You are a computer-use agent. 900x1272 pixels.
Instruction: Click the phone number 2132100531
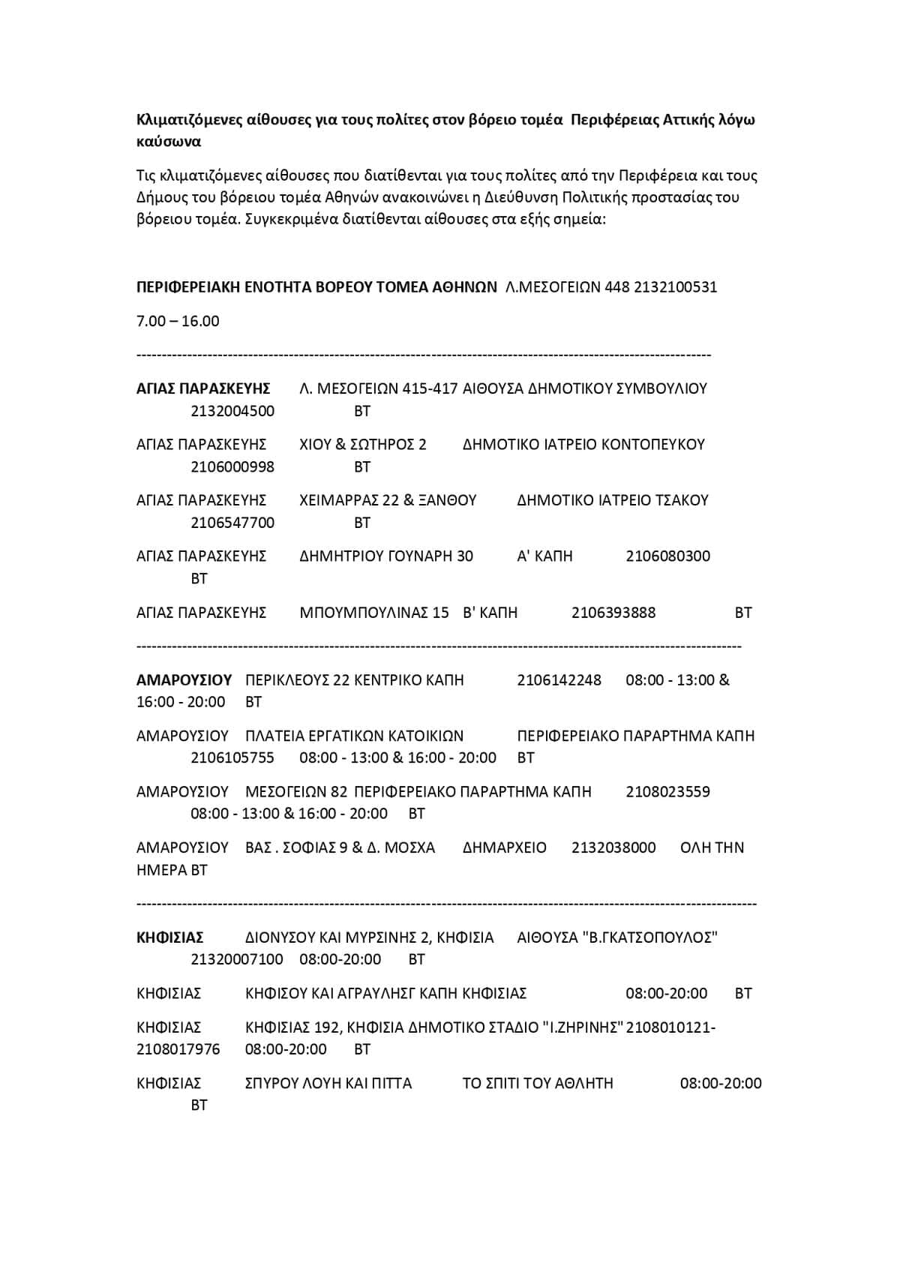pyautogui.click(x=675, y=287)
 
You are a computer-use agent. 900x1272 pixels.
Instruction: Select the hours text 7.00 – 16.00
pyautogui.click(x=178, y=321)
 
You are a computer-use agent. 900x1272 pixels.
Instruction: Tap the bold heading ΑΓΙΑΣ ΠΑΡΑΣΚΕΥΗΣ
pyautogui.click(x=202, y=388)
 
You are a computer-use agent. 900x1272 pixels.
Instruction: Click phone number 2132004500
pyautogui.click(x=232, y=411)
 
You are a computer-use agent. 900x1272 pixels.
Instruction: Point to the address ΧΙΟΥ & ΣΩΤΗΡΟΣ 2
pyautogui.click(x=362, y=444)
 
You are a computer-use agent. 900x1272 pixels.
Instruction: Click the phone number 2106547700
pyautogui.click(x=232, y=523)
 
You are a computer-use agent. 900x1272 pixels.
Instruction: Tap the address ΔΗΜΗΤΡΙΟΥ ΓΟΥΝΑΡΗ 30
pyautogui.click(x=386, y=556)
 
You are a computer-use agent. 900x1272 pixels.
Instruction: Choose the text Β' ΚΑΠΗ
pyautogui.click(x=490, y=613)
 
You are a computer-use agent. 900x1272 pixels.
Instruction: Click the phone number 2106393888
pyautogui.click(x=613, y=613)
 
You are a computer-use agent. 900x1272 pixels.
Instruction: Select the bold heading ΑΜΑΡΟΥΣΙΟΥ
pyautogui.click(x=184, y=680)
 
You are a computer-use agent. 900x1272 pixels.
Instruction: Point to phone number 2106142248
pyautogui.click(x=559, y=680)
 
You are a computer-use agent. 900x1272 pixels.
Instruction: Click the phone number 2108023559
pyautogui.click(x=667, y=792)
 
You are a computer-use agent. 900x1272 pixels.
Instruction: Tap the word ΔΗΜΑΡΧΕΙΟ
pyautogui.click(x=505, y=847)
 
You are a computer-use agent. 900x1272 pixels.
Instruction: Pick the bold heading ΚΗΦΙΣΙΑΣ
pyautogui.click(x=170, y=937)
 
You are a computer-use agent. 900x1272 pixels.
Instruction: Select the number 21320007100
pyautogui.click(x=237, y=959)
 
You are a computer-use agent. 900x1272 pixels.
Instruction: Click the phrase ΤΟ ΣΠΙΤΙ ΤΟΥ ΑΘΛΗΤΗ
pyautogui.click(x=538, y=1083)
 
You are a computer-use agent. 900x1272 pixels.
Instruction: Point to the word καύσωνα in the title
pyautogui.click(x=169, y=142)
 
